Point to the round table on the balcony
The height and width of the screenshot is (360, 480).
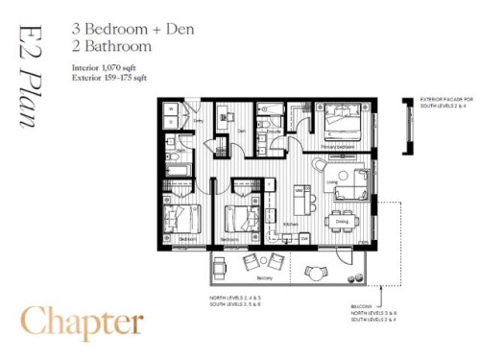click(x=314, y=273)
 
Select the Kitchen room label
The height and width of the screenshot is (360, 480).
click(x=289, y=222)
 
